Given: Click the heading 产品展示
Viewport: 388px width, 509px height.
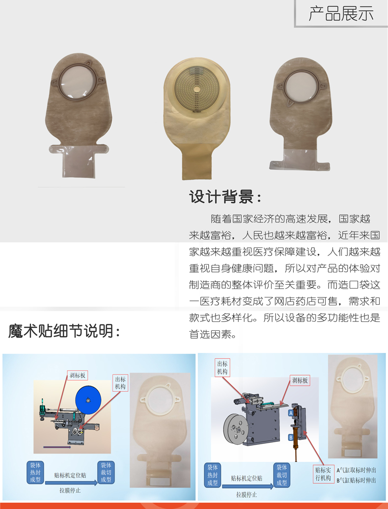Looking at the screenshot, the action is pyautogui.click(x=340, y=14).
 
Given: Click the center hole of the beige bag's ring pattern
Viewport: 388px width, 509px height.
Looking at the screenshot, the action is pyautogui.click(x=196, y=89).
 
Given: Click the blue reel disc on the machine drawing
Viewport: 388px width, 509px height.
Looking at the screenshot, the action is pyautogui.click(x=88, y=400).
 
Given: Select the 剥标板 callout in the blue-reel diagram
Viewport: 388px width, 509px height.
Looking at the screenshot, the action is pyautogui.click(x=77, y=375).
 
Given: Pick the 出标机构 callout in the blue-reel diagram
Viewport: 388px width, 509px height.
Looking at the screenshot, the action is pyautogui.click(x=120, y=383).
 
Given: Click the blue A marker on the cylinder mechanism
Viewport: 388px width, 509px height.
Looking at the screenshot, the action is pyautogui.click(x=291, y=413).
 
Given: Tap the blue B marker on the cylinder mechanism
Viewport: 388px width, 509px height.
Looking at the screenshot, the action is pyautogui.click(x=291, y=438).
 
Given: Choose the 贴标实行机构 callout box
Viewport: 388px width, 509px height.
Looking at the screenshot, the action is pyautogui.click(x=323, y=474).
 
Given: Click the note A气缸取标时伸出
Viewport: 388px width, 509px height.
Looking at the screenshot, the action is pyautogui.click(x=356, y=470).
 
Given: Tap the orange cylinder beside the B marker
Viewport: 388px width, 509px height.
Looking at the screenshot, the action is pyautogui.click(x=296, y=441).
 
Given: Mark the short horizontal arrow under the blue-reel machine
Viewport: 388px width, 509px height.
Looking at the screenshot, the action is pyautogui.click(x=57, y=447).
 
